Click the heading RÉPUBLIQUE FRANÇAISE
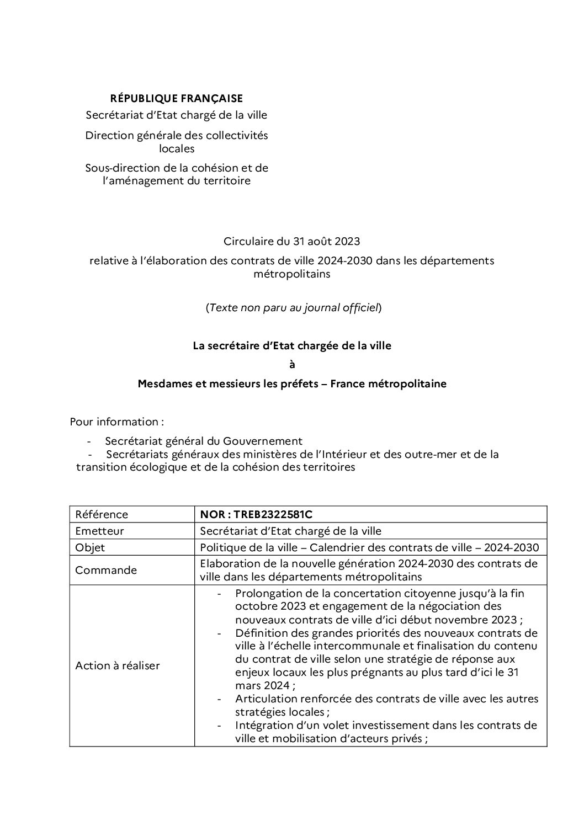(176, 99)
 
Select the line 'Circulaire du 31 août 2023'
(291, 241)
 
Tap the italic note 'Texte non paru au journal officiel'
(293, 308)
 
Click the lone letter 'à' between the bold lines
(292, 364)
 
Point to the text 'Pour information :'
(117, 422)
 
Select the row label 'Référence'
(102, 514)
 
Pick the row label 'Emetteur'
(100, 531)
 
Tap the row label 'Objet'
(90, 547)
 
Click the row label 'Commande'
(106, 570)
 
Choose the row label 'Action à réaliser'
(118, 665)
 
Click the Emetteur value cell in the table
(291, 531)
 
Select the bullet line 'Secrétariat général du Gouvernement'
(204, 441)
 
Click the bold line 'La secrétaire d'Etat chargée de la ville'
(291, 346)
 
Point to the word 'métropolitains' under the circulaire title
(291, 274)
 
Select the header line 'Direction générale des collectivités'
(176, 136)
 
